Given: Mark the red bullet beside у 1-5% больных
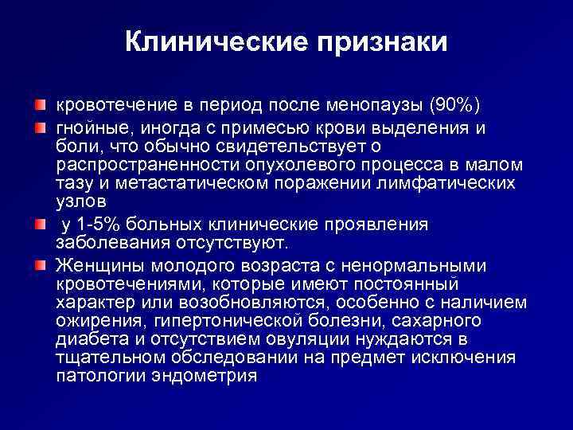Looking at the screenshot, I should pos(39,224).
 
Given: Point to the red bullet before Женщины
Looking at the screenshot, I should pos(39,264).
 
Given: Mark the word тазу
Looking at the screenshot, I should pos(73,184).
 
